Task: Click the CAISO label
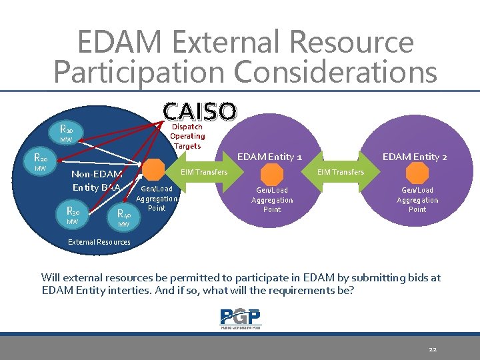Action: tap(199, 111)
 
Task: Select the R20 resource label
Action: tap(41, 159)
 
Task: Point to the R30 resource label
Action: tap(73, 211)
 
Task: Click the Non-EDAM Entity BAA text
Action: tap(97, 181)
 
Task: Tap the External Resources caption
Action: tap(99, 242)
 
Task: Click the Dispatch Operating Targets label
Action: tap(187, 136)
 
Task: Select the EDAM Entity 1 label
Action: tap(269, 157)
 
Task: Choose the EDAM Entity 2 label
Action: tap(414, 157)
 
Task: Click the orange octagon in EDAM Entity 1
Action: tap(272, 174)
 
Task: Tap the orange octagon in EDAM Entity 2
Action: tap(417, 174)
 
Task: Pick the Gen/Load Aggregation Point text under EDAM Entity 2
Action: tap(417, 200)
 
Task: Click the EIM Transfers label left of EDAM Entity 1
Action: tap(204, 172)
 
